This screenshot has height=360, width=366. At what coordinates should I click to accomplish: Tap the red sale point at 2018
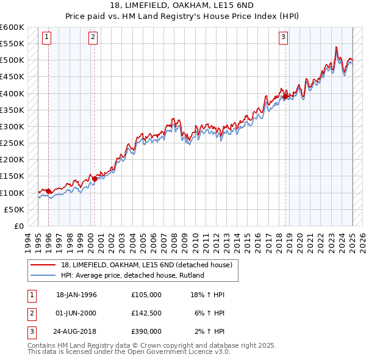pyautogui.click(x=285, y=96)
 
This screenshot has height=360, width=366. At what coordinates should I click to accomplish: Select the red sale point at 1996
pyautogui.click(x=48, y=191)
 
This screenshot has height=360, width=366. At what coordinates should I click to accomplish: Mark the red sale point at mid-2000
pyautogui.click(x=95, y=179)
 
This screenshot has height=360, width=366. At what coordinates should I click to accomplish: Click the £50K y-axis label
pyautogui.click(x=13, y=209)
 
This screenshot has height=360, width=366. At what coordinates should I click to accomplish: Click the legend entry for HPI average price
pyautogui.click(x=132, y=275)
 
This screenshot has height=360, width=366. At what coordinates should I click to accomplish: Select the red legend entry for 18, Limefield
pyautogui.click(x=146, y=265)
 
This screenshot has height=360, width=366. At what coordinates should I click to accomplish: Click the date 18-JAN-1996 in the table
pyautogui.click(x=76, y=295)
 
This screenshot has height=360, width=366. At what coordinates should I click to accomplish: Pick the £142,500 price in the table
pyautogui.click(x=146, y=313)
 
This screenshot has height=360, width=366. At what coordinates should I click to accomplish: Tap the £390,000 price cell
pyautogui.click(x=146, y=331)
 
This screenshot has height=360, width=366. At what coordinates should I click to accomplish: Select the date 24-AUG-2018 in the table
pyautogui.click(x=76, y=331)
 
